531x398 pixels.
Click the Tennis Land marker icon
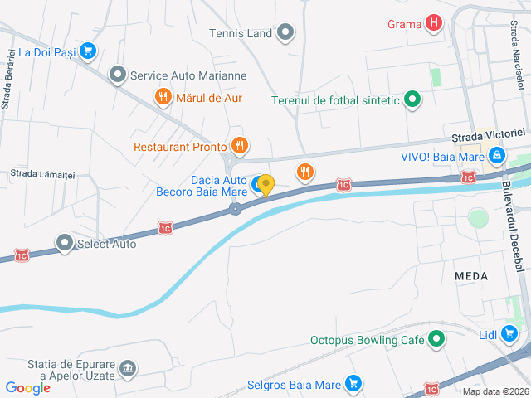pos(285,33)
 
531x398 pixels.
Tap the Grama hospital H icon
pos(432,22)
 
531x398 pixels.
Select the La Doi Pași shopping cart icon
pos(88,51)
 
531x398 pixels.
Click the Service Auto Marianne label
pos(188,75)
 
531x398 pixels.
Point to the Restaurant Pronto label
pos(180,148)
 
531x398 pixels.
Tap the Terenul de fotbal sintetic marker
pos(412,100)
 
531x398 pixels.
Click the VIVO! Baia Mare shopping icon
pos(496,154)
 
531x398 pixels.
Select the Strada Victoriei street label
pos(489,133)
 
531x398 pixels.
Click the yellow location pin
pos(265,185)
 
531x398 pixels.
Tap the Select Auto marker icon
pos(65,244)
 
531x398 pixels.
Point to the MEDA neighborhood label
pos(471,274)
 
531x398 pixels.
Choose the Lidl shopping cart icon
pos(509,334)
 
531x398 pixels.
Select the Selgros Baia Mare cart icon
pos(353,384)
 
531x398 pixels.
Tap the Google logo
pos(27,387)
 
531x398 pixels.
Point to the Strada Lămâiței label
pos(42,173)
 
